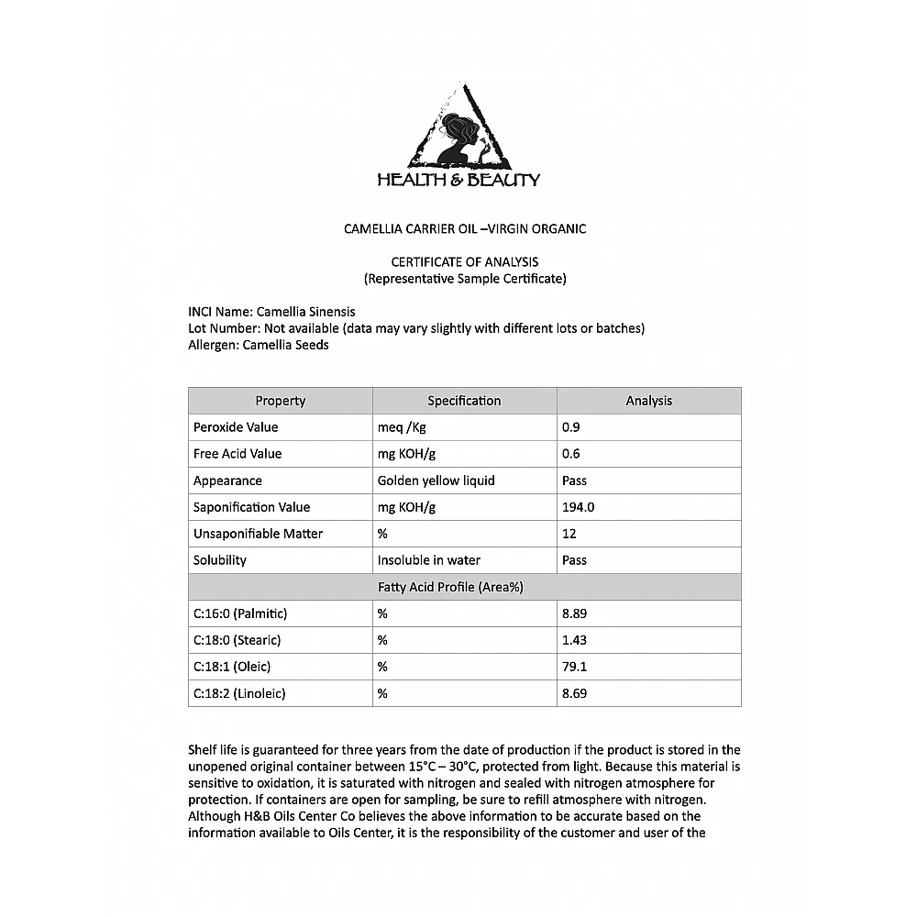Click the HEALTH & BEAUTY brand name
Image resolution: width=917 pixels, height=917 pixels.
458,180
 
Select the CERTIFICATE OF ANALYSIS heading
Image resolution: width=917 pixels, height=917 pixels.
465,262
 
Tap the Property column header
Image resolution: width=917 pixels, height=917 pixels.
280,401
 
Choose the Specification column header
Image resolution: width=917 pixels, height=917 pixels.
464,401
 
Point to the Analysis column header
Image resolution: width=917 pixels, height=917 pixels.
648,401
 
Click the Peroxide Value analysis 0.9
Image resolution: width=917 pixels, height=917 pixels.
571,427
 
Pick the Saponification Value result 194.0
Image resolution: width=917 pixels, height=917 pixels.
578,507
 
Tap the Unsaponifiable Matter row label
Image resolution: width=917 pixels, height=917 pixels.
258,534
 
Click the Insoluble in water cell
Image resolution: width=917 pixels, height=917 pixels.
428,560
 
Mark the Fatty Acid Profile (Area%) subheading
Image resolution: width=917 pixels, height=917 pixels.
464,587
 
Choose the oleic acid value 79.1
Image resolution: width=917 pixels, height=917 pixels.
574,667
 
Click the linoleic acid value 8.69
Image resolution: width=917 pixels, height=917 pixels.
574,693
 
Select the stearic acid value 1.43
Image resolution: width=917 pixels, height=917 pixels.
574,640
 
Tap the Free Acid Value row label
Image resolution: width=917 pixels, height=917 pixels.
238,454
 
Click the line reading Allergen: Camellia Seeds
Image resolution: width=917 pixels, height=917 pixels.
259,345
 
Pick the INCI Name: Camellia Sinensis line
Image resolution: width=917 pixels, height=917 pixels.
271,312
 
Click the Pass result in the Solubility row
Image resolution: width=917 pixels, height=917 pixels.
574,560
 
